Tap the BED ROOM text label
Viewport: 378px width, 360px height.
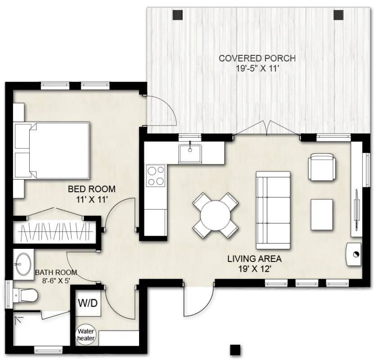(x=92, y=189)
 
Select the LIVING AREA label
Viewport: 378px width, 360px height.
(x=254, y=259)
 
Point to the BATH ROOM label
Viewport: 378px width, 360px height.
(x=56, y=272)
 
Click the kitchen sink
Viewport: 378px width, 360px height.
(x=190, y=153)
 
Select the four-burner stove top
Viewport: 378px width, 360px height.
(x=156, y=175)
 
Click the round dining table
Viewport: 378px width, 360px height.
(x=215, y=215)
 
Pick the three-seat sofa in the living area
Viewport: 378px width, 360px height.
(x=273, y=210)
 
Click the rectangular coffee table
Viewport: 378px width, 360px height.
(x=322, y=215)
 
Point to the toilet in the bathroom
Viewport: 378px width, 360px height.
(x=25, y=295)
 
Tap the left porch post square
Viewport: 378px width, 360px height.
(x=178, y=15)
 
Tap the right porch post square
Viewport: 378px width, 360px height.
(x=338, y=15)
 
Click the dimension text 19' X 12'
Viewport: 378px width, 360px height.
(x=254, y=269)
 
